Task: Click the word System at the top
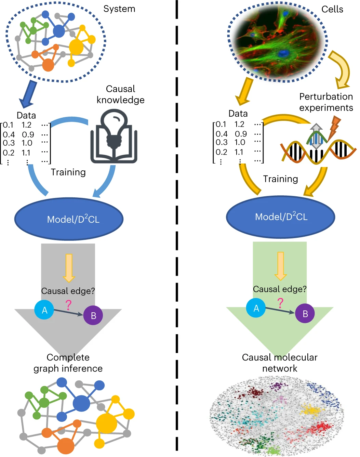point(119,9)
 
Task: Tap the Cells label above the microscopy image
point(332,9)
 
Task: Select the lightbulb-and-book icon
point(114,137)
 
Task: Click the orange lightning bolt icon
point(334,128)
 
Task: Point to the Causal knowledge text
point(120,94)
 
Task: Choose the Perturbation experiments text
point(326,102)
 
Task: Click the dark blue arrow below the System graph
point(28,94)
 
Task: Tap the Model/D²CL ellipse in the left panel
point(69,219)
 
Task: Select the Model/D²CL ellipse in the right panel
point(281,217)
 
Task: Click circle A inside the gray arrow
point(44,310)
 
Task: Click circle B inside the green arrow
point(305,313)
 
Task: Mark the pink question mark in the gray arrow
point(68,304)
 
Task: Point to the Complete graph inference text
point(68,363)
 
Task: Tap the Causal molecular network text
point(280,363)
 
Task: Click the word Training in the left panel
point(68,172)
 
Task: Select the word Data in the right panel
point(238,114)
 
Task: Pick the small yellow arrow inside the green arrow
point(280,266)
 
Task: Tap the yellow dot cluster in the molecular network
point(311,410)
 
